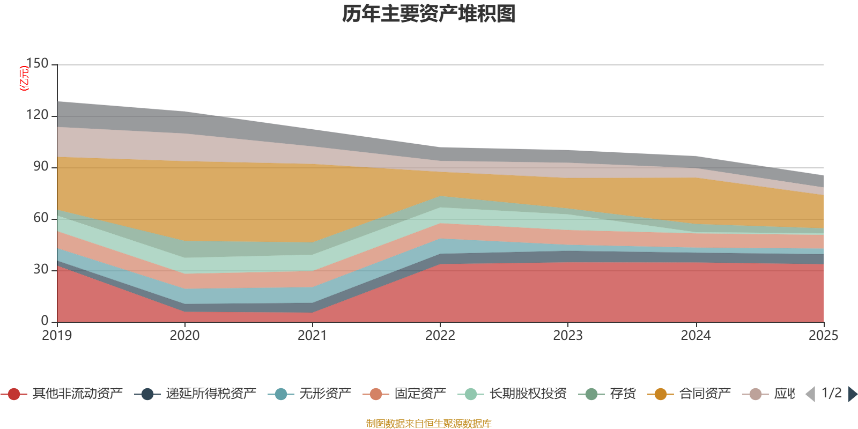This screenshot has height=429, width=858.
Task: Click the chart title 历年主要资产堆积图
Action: [429, 14]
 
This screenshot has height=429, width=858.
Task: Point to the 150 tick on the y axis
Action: [37, 64]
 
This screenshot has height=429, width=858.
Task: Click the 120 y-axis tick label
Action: [37, 115]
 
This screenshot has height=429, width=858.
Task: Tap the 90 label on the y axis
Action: [41, 167]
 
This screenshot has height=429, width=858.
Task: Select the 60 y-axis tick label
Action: [41, 218]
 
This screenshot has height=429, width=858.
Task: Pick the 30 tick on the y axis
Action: [41, 270]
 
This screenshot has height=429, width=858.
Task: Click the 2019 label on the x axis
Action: [57, 336]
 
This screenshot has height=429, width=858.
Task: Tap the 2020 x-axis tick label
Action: [184, 336]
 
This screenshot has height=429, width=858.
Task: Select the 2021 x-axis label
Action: [312, 336]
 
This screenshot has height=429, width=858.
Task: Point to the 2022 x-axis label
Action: [440, 336]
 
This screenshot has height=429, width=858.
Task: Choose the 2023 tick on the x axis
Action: [568, 336]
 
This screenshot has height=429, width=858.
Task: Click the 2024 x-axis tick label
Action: [696, 336]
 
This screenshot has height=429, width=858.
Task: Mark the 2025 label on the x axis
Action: [823, 336]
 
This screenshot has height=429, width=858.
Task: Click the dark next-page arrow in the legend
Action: [853, 394]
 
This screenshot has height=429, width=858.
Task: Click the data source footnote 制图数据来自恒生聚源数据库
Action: [429, 424]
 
